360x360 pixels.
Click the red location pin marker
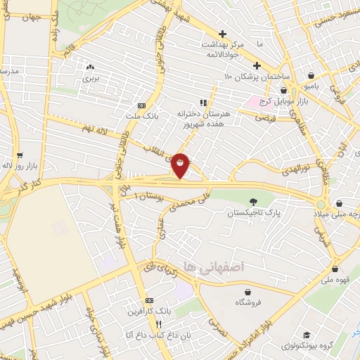click(x=181, y=165)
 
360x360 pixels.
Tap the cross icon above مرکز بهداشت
click(x=222, y=33)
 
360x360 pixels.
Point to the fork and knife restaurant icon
click(x=159, y=324)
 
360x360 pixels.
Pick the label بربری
click(x=89, y=79)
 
